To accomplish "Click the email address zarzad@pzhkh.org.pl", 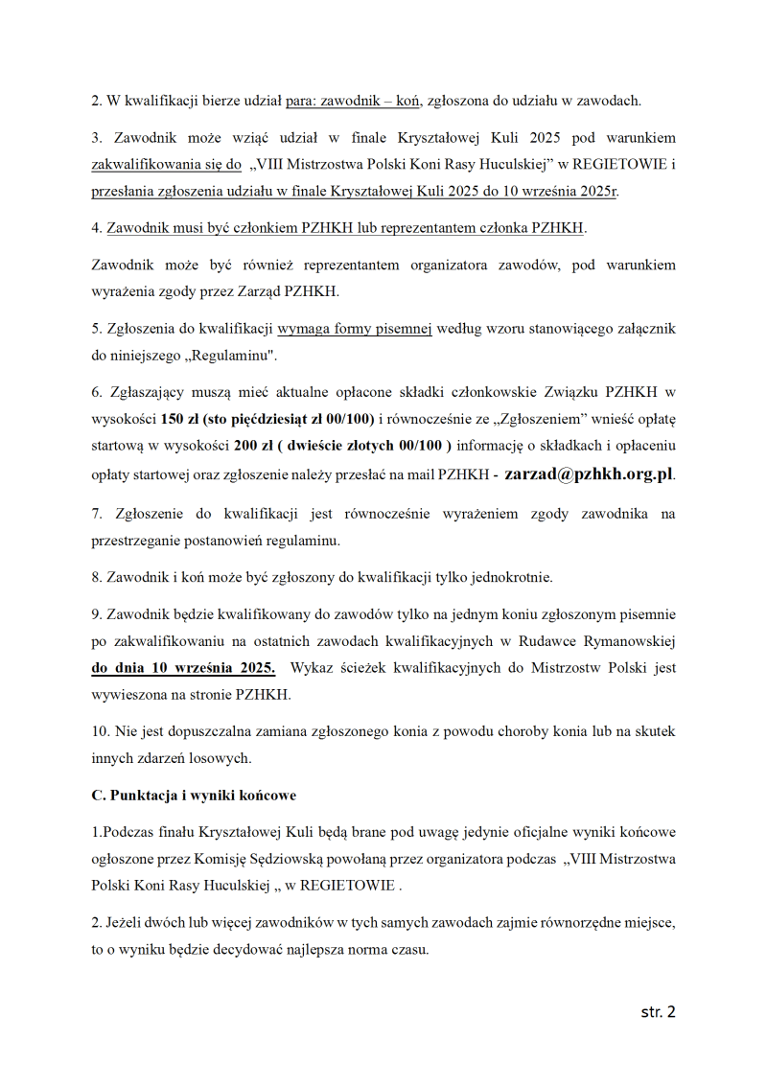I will [589, 473].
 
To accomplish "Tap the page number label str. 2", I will [658, 1011].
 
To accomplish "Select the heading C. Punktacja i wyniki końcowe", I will [194, 796].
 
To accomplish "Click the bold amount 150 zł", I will [180, 419].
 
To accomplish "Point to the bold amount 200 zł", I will [253, 446].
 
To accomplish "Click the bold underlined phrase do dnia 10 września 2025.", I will [183, 667].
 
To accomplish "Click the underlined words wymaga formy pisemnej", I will [355, 329].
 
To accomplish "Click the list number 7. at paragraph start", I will [97, 514].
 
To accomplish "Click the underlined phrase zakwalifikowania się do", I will [166, 165].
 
